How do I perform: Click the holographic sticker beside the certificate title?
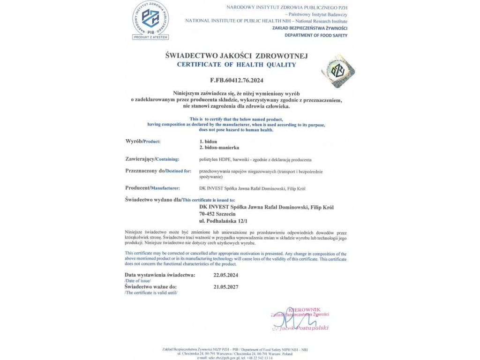338,71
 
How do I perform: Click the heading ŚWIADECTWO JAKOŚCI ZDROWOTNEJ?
237,56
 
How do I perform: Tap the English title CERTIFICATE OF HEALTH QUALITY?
237,65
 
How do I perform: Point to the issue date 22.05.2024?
225,275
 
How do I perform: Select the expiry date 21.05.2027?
225,286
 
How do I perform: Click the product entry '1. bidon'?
208,141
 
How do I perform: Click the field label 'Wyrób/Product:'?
146,141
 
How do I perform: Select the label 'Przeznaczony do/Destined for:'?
158,171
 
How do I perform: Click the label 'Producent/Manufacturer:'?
152,188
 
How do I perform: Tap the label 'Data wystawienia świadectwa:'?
160,275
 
